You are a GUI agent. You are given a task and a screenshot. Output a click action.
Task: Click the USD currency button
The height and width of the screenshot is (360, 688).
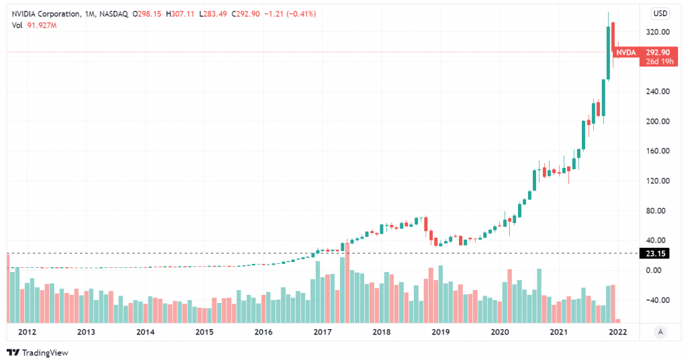coord(661,13)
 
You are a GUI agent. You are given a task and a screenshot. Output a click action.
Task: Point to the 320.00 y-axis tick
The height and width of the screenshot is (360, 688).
coord(656,32)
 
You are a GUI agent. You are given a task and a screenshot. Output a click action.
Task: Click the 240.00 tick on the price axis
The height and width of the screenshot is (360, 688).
coord(656,92)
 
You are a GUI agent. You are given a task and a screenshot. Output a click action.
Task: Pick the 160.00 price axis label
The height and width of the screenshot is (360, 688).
coord(656,151)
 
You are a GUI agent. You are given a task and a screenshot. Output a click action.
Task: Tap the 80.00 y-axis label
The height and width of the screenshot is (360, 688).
coord(658,211)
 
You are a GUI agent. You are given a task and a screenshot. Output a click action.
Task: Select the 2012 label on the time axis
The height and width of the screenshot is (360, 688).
coord(28,332)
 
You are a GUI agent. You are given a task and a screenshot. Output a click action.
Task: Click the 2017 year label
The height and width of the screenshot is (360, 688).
coord(322,332)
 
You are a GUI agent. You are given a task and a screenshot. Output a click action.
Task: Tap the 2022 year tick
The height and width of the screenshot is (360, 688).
coord(617,332)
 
